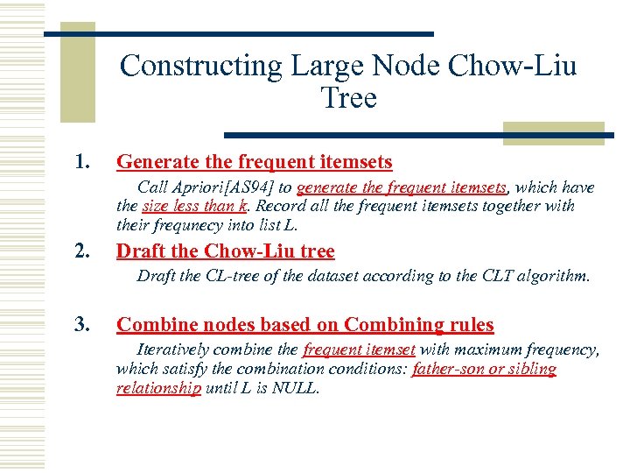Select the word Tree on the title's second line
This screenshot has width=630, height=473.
pos(348,97)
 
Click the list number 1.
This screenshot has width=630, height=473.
pos(82,162)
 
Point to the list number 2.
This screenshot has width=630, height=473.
pos(82,252)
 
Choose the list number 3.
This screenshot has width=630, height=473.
pos(82,325)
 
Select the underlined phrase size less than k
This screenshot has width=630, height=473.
pos(193,206)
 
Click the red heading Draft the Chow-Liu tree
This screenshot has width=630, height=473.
pos(225,252)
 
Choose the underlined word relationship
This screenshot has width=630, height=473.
pos(158,387)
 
